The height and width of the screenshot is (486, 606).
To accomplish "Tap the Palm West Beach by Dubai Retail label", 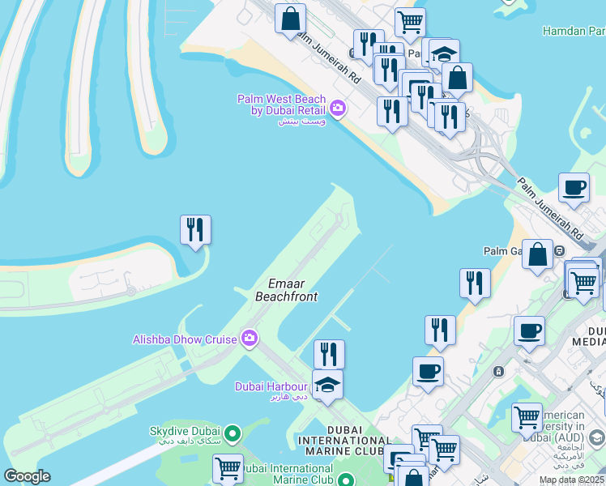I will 281,104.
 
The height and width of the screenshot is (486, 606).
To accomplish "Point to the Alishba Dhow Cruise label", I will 185,339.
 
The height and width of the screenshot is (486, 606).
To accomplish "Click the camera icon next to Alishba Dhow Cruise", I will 249,338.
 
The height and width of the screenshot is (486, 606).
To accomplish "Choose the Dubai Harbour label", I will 271,386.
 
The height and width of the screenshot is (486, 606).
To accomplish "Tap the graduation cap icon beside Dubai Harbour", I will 327,384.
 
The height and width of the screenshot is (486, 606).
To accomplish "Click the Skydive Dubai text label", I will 186,433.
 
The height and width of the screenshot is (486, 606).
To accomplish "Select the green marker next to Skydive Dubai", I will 234,433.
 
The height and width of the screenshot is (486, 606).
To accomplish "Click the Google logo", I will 28,475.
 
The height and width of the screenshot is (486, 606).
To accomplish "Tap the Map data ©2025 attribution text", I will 571,480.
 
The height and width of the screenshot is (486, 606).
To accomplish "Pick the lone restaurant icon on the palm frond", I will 195,229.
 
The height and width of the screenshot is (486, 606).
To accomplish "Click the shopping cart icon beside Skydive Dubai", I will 228,467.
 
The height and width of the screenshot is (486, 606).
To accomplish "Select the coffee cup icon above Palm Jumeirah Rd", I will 574,187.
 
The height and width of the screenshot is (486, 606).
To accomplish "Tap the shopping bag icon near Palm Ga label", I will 537,254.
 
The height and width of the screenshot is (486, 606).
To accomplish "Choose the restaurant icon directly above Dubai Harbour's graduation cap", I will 329,353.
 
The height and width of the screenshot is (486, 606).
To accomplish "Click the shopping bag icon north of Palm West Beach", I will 290,19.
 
